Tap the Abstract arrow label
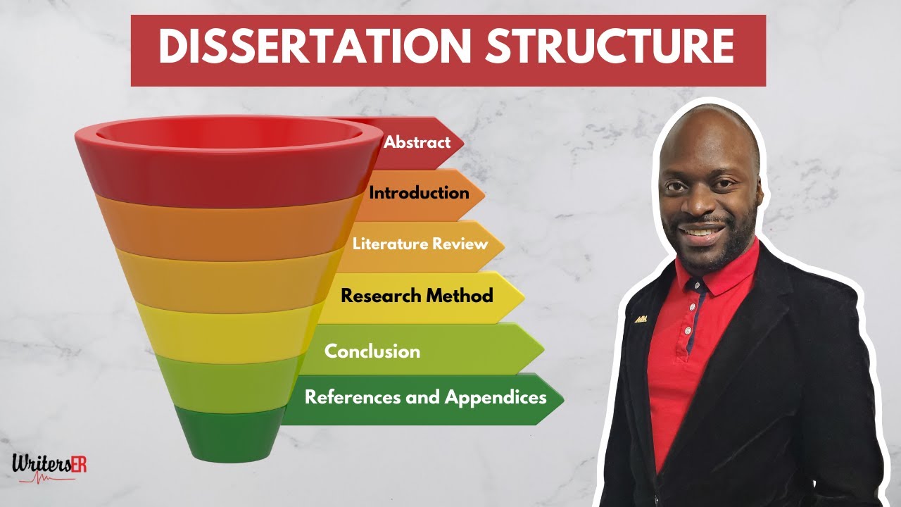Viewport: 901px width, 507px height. (x=417, y=142)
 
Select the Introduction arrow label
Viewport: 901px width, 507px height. (x=419, y=193)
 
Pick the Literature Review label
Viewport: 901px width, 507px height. (x=420, y=244)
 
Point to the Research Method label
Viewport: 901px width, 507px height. (x=417, y=296)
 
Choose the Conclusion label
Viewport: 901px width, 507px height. (x=372, y=351)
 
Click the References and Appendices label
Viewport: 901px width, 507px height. (x=425, y=397)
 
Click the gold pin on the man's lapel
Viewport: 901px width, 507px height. (x=640, y=319)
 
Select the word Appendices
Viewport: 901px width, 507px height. (x=496, y=397)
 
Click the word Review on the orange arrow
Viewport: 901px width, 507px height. (x=460, y=244)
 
